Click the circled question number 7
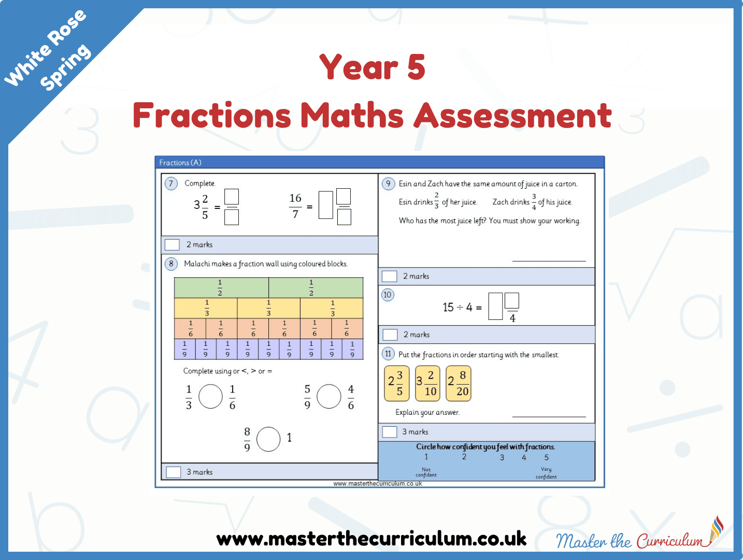pyautogui.click(x=171, y=184)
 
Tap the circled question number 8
pyautogui.click(x=171, y=263)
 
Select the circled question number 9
pyautogui.click(x=388, y=184)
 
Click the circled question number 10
pyautogui.click(x=388, y=295)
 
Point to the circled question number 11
pyautogui.click(x=388, y=354)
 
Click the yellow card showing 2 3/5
pyautogui.click(x=396, y=383)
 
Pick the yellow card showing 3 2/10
pyautogui.click(x=427, y=383)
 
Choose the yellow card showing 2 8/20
pyautogui.click(x=459, y=383)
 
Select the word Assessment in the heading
pyautogui.click(x=513, y=115)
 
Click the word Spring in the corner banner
pyautogui.click(x=65, y=67)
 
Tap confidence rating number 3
pyautogui.click(x=502, y=457)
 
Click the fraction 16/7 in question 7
pyautogui.click(x=295, y=206)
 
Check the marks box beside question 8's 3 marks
pyautogui.click(x=173, y=472)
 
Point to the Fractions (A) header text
pyautogui.click(x=180, y=163)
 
